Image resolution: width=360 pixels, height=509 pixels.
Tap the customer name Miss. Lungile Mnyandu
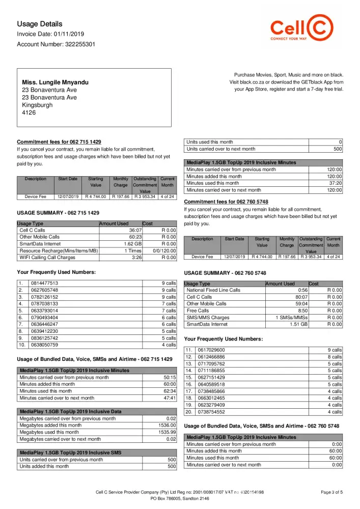(x=55, y=82)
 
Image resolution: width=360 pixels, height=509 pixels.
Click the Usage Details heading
(x=40, y=24)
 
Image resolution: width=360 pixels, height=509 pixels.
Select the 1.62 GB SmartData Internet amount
(x=133, y=244)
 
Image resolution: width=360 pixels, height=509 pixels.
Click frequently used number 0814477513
(x=44, y=283)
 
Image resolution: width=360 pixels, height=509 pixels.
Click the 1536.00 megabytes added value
(x=167, y=425)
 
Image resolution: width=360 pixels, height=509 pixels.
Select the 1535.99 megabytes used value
(x=167, y=432)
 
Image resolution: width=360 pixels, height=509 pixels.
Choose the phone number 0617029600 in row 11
(x=211, y=350)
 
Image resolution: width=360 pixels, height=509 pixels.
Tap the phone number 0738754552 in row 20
(x=211, y=412)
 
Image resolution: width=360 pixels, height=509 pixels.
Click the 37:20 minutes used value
(x=334, y=183)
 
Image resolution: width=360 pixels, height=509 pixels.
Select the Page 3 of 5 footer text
(x=332, y=492)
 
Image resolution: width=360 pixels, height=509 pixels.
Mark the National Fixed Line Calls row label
(x=213, y=290)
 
